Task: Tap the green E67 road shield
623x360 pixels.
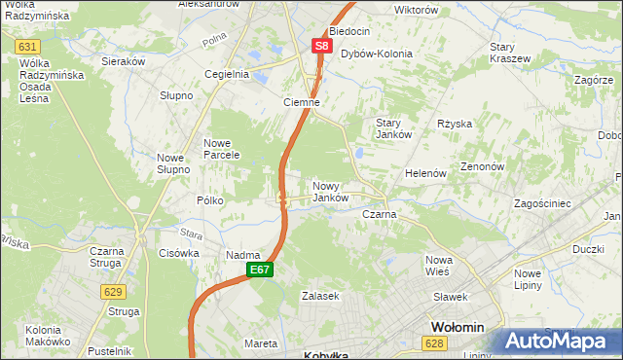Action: tap(259, 270)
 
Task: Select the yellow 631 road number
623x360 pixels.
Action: tap(28, 46)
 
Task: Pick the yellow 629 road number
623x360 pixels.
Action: tap(114, 291)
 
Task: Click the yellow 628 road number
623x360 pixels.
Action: tap(435, 343)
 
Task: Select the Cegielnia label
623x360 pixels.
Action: tap(227, 74)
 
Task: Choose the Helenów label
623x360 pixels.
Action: tap(425, 173)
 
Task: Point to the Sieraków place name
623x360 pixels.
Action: tap(124, 60)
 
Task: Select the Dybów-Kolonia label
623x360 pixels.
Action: tap(377, 54)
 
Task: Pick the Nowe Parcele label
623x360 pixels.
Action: tap(221, 150)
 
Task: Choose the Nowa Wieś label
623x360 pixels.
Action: tap(440, 266)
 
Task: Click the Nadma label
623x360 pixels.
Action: tap(242, 255)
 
